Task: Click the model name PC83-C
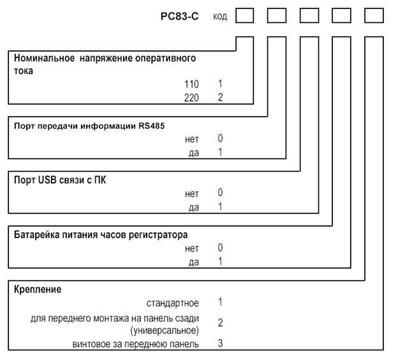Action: point(179,17)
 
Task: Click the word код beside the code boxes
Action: point(220,17)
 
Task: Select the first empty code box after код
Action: point(245,15)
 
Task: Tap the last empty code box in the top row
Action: point(374,15)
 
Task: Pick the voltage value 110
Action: point(191,84)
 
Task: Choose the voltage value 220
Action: point(191,98)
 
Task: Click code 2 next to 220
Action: point(220,97)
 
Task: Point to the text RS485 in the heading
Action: point(152,126)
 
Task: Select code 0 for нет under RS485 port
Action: point(220,139)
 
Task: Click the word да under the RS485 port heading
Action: point(194,153)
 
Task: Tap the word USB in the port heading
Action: point(47,180)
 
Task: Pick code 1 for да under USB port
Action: point(220,207)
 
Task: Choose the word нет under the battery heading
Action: point(191,248)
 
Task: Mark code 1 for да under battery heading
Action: point(220,261)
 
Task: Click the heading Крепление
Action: point(38,289)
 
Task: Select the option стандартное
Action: point(173,303)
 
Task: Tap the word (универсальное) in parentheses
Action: point(165,331)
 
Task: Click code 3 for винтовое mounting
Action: point(220,343)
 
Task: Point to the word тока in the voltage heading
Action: point(24,71)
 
